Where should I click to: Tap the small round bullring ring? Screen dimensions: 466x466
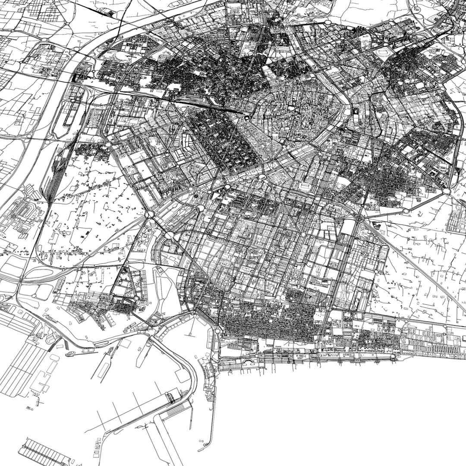click(x=247, y=118)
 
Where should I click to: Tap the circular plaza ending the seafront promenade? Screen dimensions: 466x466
click(x=393, y=358)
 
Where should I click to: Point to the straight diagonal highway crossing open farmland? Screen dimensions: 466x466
click(x=414, y=263)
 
